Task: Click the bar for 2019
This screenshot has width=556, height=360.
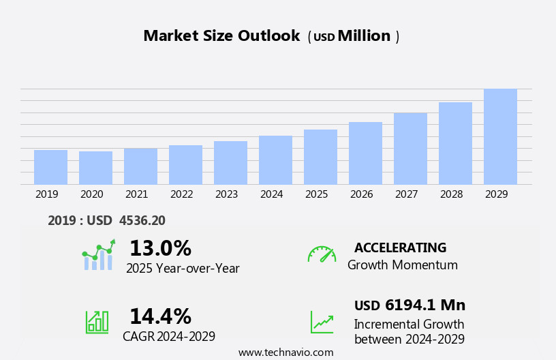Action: [50, 167]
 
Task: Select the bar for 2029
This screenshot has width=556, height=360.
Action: [500, 136]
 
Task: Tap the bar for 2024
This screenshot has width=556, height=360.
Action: [275, 160]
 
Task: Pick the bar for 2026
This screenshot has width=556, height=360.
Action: [365, 153]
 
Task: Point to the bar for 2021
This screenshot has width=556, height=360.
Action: [140, 166]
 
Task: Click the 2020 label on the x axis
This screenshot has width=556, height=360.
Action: [91, 194]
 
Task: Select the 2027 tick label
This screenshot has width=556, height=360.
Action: [406, 194]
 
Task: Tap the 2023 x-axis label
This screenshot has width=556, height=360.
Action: [226, 194]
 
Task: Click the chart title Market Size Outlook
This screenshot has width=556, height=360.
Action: [221, 36]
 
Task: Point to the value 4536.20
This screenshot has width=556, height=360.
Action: [142, 220]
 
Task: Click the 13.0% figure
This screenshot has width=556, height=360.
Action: [160, 248]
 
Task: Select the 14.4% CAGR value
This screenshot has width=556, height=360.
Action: [160, 316]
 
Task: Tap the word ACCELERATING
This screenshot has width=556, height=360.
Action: [400, 247]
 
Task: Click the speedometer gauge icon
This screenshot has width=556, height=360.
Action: [322, 254]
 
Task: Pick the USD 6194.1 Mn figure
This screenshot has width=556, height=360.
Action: [410, 305]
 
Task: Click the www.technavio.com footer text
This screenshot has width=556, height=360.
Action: [285, 352]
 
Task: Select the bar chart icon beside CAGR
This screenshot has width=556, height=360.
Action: [97, 321]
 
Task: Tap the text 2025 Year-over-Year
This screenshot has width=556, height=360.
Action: [183, 269]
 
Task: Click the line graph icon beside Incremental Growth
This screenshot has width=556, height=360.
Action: [322, 322]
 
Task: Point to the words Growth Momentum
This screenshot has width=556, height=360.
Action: [402, 265]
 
